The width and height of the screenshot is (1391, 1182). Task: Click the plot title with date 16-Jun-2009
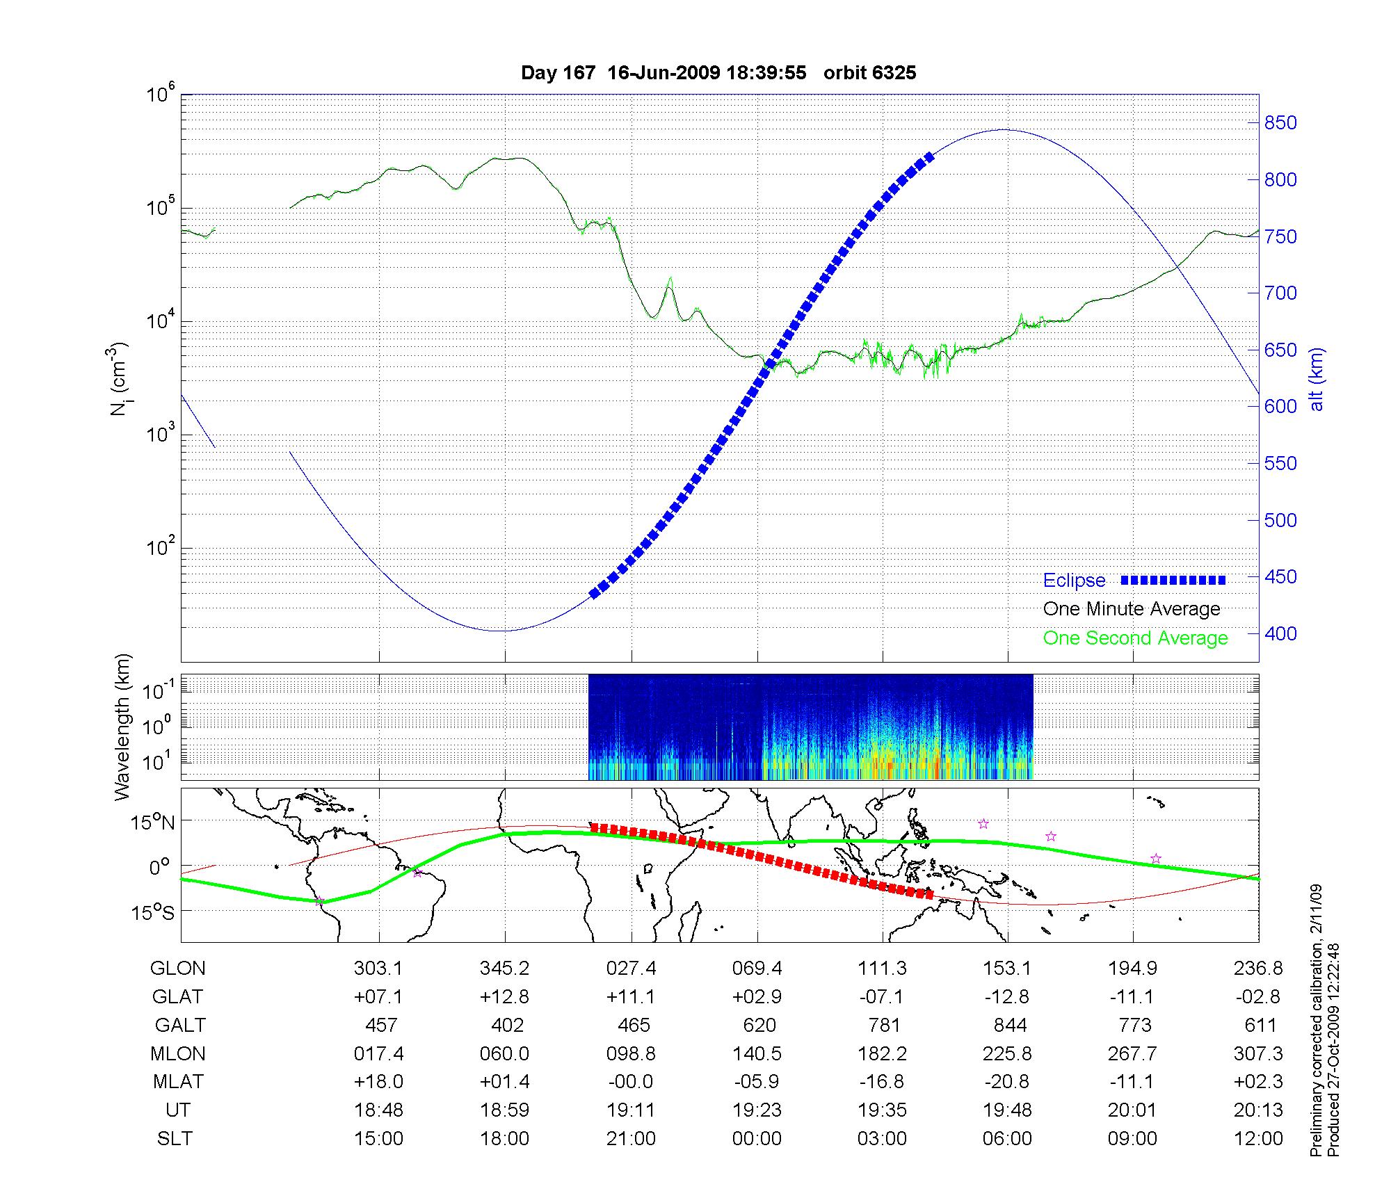coord(718,73)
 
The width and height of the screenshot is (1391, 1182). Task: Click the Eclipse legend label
coord(1074,581)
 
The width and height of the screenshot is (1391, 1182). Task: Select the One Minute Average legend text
coord(1132,609)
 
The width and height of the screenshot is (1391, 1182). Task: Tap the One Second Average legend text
coord(1135,638)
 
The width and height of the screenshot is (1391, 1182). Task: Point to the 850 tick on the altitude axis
coord(1280,123)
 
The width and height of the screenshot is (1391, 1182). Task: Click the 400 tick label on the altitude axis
coord(1280,633)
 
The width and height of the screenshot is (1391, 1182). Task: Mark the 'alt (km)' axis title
coord(1317,379)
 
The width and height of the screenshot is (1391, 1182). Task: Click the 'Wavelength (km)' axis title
coord(122,727)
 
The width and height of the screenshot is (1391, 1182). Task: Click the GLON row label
coord(178,968)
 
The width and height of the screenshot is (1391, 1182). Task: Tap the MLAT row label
coord(178,1082)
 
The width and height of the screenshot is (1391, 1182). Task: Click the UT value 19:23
coord(757,1110)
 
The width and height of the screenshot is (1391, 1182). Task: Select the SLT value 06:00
coord(1008,1139)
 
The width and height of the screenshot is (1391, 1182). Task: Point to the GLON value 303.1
coord(378,968)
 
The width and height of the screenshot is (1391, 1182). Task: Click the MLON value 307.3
coord(1258,1053)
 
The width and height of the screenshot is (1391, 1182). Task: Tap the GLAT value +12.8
coord(504,996)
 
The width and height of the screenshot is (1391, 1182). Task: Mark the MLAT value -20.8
coord(1008,1082)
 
